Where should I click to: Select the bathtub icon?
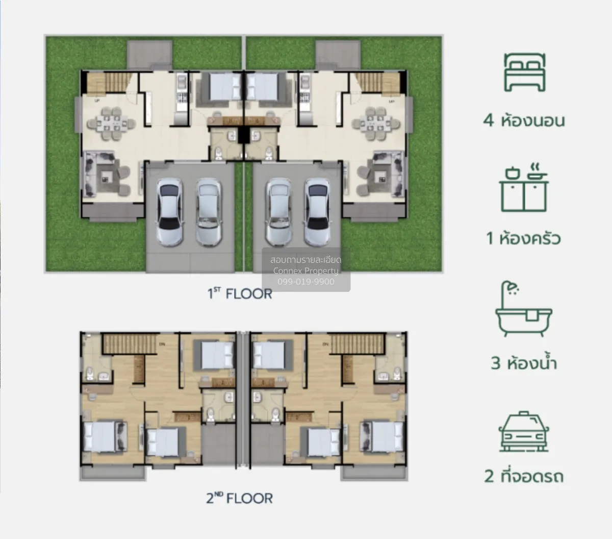pos(524,309)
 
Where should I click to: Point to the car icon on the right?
pos(524,432)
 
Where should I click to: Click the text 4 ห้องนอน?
pos(524,120)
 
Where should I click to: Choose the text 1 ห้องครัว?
pos(524,238)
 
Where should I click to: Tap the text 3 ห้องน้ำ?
pos(524,363)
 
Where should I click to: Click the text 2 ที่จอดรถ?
pos(524,476)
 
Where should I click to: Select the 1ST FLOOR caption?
pos(239,294)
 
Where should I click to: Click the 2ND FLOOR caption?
pos(239,498)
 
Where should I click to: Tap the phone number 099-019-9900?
pos(306,282)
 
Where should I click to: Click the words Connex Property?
pos(306,271)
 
